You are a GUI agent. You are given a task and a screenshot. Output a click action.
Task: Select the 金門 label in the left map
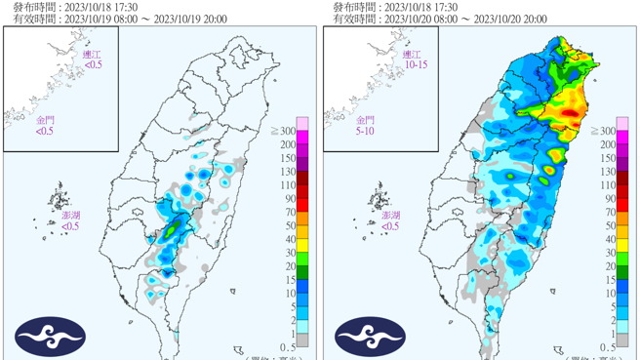tap(46, 120)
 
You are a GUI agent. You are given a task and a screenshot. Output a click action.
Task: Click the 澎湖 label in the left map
tap(71, 215)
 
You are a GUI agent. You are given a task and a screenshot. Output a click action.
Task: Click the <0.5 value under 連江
tap(93, 64)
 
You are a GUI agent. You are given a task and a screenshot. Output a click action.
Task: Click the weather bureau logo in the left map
tap(49, 337)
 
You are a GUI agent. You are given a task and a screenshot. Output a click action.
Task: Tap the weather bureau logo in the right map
tap(370, 337)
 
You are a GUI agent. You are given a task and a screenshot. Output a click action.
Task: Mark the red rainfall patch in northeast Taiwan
tap(570, 114)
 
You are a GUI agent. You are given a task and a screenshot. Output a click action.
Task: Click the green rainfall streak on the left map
tap(172, 230)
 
